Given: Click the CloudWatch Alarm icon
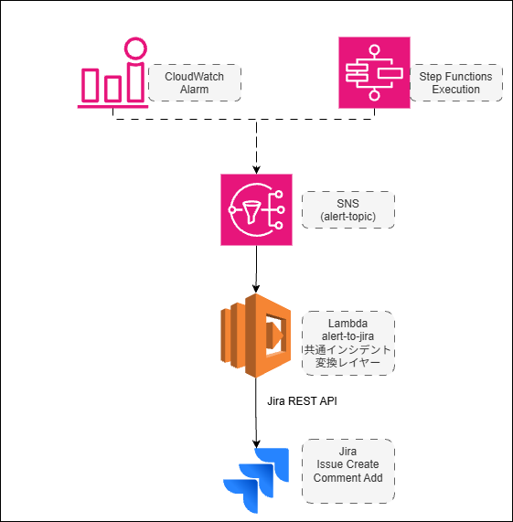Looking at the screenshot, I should click(x=112, y=73).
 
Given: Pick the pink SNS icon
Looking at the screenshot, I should click(x=256, y=209).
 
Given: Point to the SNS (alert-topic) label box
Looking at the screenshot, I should click(x=347, y=209).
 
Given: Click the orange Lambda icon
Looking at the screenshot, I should click(x=255, y=336).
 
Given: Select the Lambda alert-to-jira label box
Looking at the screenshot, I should click(x=347, y=342).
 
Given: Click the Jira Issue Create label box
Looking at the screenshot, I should click(x=347, y=470).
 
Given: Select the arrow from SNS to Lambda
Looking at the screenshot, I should click(x=256, y=270).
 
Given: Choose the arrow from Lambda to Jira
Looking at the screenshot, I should click(x=256, y=421).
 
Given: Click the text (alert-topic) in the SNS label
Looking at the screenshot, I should click(x=347, y=216).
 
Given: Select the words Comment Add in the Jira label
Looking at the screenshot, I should click(x=347, y=477).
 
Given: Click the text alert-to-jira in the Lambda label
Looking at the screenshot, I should click(x=347, y=336).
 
